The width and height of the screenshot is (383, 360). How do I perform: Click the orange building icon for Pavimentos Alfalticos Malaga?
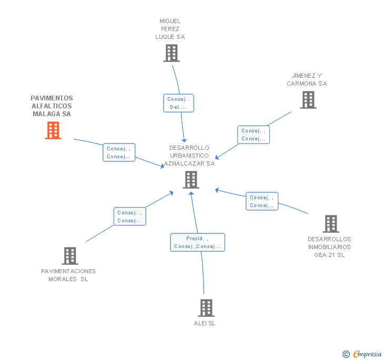[53, 130]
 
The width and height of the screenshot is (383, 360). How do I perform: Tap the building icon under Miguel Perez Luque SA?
[171, 53]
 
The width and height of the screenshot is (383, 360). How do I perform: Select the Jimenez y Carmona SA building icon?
[308, 100]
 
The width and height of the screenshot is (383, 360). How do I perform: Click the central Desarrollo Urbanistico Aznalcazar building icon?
[191, 180]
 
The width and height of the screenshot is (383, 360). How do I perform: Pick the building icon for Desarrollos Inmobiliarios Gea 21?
[330, 224]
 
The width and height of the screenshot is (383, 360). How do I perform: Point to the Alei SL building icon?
[206, 308]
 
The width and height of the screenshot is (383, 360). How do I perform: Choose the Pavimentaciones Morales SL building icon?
[69, 256]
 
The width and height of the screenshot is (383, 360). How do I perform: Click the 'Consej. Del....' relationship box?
[178, 103]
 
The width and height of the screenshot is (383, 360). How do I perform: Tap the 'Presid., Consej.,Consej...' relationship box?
[197, 242]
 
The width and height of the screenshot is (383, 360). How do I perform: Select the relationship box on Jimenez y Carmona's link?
[253, 135]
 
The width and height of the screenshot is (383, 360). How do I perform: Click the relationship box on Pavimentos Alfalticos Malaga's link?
[118, 152]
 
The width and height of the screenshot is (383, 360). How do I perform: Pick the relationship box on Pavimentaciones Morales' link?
[129, 217]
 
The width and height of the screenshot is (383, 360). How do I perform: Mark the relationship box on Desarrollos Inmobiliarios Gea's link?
[261, 201]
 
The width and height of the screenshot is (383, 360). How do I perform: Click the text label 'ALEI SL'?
[205, 323]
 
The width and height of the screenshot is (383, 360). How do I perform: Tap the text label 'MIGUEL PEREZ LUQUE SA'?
[170, 29]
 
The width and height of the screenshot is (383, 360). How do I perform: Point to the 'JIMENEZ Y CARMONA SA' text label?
[307, 79]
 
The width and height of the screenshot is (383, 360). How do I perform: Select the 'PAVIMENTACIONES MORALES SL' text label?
[68, 275]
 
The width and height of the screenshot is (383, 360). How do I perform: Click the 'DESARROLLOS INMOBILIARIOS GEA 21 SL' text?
[329, 247]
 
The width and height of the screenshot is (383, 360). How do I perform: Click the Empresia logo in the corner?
[367, 354]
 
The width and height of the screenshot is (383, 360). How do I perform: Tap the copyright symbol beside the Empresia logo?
[346, 354]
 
